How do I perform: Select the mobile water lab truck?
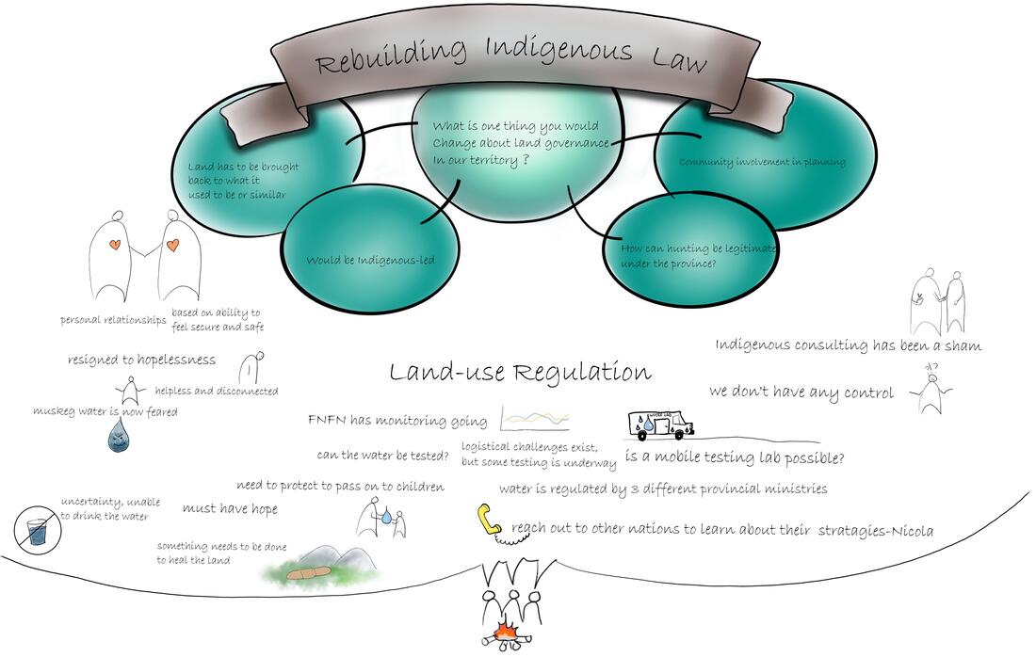(x=659, y=425)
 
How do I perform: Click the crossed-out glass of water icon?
(x=38, y=530)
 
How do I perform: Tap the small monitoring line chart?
(x=534, y=418)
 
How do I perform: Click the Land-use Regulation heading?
(x=520, y=373)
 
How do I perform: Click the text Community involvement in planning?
(x=762, y=162)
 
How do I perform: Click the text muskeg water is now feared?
(x=105, y=411)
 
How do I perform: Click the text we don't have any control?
(x=801, y=393)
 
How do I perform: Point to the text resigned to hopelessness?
(x=141, y=359)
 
